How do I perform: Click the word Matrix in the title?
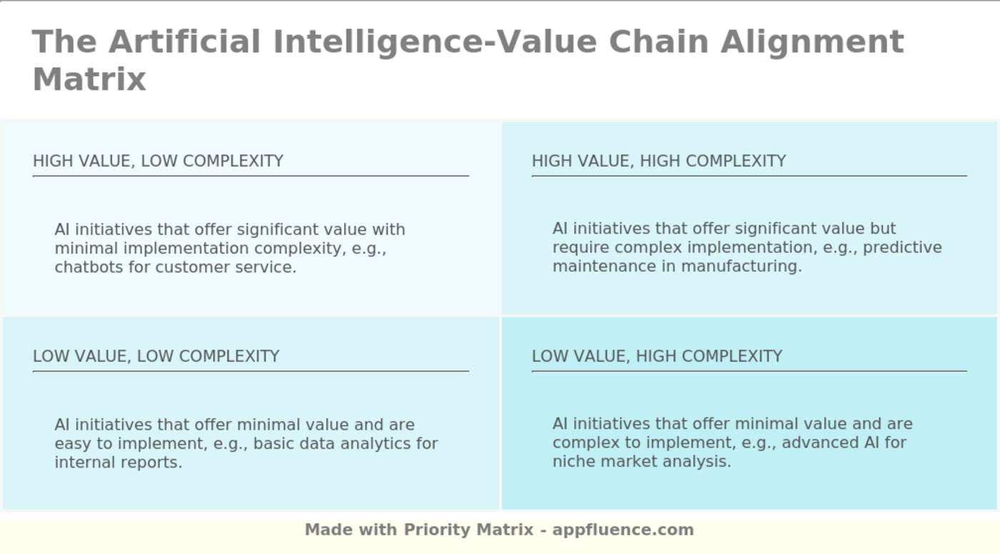click(x=89, y=79)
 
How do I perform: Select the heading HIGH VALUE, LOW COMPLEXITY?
click(x=158, y=161)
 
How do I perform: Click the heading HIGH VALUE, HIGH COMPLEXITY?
click(x=659, y=161)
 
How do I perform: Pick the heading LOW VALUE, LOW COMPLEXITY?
click(x=156, y=356)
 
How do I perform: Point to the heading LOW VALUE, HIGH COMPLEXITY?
click(x=657, y=356)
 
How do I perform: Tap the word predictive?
click(x=902, y=248)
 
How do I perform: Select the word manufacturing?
click(x=741, y=266)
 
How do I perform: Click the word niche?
click(x=574, y=461)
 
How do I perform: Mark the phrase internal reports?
click(x=119, y=463)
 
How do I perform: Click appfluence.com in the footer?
click(x=623, y=530)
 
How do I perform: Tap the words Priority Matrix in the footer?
click(x=469, y=530)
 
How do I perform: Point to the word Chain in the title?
click(x=659, y=41)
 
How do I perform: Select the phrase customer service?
click(x=226, y=267)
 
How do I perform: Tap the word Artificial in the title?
click(x=184, y=41)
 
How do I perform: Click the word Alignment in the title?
click(x=813, y=43)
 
